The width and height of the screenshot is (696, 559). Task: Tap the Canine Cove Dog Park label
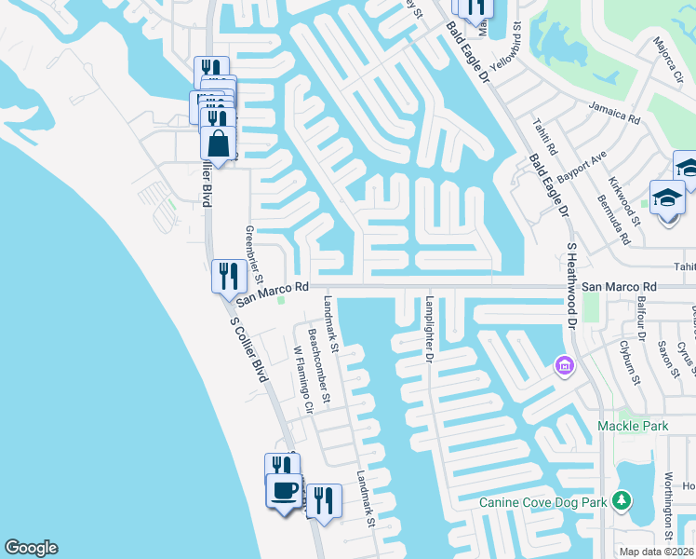(x=542, y=503)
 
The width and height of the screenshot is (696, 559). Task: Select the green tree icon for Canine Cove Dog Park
(x=623, y=501)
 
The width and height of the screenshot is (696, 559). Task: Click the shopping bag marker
(x=218, y=145)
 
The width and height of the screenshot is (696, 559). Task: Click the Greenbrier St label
(x=256, y=255)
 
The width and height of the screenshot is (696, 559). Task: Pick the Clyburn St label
(x=630, y=363)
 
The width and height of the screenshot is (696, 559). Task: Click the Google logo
(x=31, y=548)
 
